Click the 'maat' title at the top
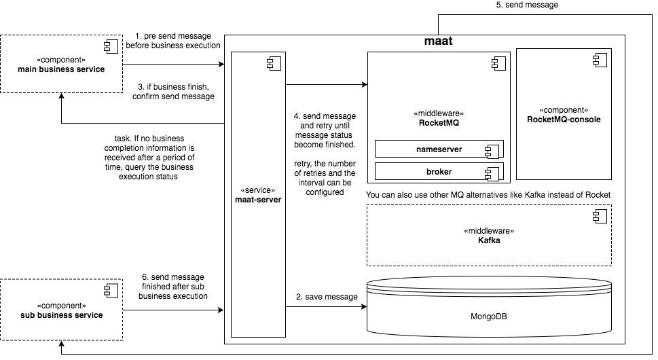click(438, 42)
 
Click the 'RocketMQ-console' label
click(564, 120)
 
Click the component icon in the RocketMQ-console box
click(599, 60)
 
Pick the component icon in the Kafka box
click(599, 217)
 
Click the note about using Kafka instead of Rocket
click(488, 195)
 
